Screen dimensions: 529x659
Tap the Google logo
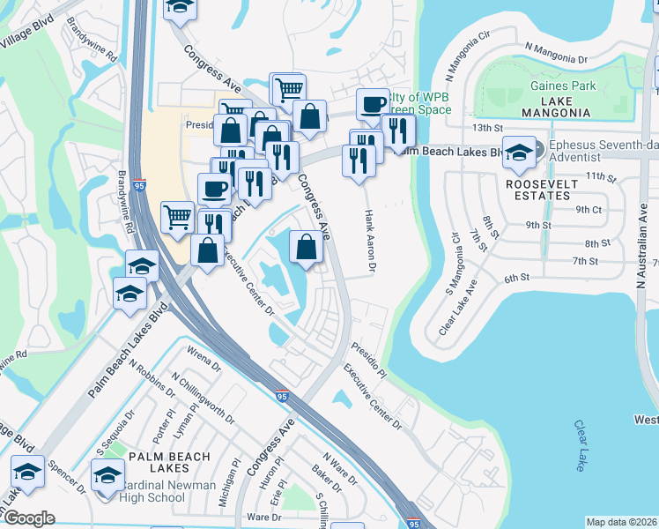click(28, 518)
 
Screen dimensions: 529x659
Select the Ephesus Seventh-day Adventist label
click(599, 151)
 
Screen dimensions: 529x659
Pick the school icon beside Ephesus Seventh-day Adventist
click(519, 152)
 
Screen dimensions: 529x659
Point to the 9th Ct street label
click(589, 210)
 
